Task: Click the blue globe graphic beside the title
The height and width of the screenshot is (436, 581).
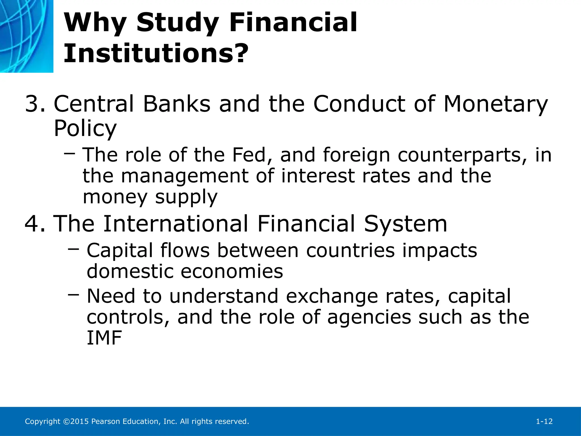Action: pyautogui.click(x=26, y=36)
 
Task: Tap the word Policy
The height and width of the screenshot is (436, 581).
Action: pyautogui.click(x=85, y=128)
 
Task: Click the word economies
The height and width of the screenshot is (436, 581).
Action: pyautogui.click(x=232, y=272)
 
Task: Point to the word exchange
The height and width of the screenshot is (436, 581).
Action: pyautogui.click(x=332, y=296)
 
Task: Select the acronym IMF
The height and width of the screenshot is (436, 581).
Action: pyautogui.click(x=104, y=338)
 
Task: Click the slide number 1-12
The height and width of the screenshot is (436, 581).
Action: pyautogui.click(x=544, y=422)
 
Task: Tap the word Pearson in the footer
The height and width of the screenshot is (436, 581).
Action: pyautogui.click(x=106, y=422)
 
